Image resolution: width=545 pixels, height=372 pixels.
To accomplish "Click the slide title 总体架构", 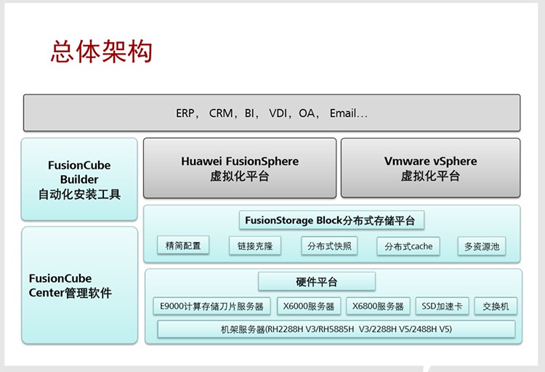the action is coord(102,52).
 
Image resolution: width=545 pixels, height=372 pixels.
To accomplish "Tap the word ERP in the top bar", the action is coord(185,113).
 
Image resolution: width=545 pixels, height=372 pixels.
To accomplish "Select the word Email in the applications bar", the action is coord(343,113).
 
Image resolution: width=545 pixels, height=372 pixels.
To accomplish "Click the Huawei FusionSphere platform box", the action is coord(240,169).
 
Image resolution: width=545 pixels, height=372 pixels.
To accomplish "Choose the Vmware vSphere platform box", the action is coord(431,169).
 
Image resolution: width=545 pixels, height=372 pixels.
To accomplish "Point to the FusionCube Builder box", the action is coord(79,179).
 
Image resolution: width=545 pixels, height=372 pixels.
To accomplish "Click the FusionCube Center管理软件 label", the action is coord(70,286).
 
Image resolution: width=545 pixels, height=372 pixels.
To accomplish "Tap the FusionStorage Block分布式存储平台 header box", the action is coord(331,220).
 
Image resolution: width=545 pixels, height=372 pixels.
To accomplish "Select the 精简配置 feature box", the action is coord(183,246).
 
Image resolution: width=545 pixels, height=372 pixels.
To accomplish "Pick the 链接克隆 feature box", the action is coord(255,246).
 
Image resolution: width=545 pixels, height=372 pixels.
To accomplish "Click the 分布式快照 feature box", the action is coord(329,246).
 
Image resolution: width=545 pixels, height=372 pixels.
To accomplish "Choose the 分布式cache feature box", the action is coord(408,246).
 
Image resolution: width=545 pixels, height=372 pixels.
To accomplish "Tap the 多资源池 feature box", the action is coord(482,246).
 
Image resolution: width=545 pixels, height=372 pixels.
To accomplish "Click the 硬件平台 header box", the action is coord(317,281).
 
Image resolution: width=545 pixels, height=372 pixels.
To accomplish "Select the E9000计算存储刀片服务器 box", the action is coord(211,307).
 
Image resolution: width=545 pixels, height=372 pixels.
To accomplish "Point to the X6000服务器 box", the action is coord(309,307).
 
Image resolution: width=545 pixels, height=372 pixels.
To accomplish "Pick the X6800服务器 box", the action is coord(378,307).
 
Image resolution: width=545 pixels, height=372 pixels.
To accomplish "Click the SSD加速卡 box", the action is coord(442,307).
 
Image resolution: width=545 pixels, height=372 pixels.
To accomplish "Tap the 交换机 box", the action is coord(496,307).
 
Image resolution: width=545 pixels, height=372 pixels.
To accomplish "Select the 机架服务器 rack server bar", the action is coord(336,329).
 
